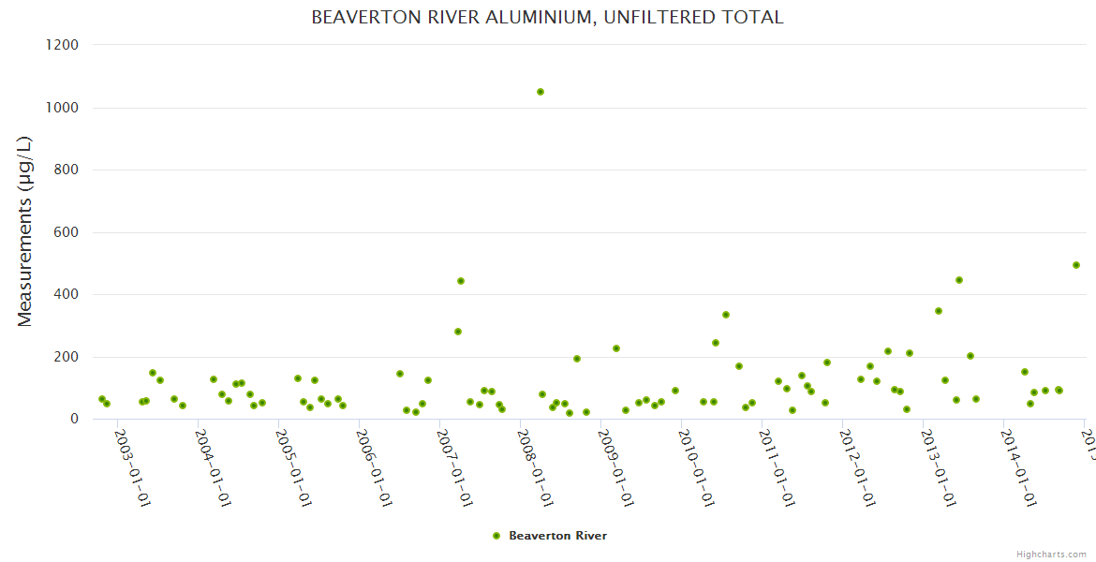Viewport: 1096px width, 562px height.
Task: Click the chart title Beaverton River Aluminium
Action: coord(547,18)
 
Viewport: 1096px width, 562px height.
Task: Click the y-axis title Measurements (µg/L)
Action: coord(25,231)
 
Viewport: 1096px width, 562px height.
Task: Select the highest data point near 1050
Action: coord(541,92)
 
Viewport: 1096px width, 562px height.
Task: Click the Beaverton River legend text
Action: coord(557,536)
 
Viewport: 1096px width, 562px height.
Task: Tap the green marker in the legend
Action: coord(496,536)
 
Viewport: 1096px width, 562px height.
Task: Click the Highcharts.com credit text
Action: coord(1051,555)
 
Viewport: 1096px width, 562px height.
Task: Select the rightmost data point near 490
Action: coord(1076,265)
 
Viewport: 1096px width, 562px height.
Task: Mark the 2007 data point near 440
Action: coord(461,281)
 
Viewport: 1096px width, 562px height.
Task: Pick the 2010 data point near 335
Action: coord(726,315)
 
